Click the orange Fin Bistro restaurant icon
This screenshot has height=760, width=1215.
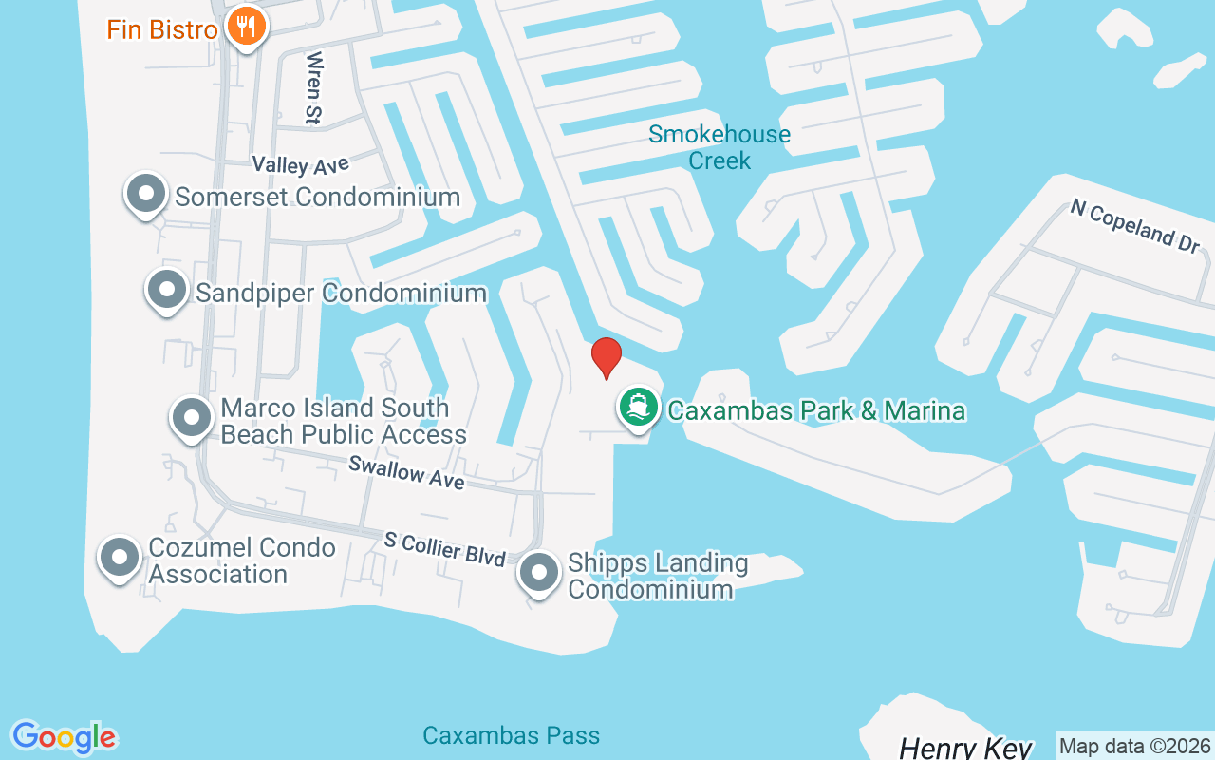click(x=247, y=27)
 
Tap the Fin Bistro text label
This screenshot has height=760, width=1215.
click(x=162, y=29)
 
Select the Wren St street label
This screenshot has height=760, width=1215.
click(x=312, y=87)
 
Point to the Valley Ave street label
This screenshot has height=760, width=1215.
click(x=301, y=165)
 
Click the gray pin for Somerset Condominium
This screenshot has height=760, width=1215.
click(x=146, y=194)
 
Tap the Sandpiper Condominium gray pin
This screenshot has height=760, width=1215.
click(x=167, y=289)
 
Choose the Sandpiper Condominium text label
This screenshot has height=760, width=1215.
click(x=341, y=293)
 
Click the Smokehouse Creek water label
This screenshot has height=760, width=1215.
click(x=720, y=147)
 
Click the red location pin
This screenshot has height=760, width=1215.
click(x=606, y=357)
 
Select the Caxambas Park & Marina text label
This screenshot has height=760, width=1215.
click(x=816, y=410)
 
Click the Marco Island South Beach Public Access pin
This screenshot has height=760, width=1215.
click(x=191, y=417)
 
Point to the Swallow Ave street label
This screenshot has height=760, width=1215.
click(x=406, y=472)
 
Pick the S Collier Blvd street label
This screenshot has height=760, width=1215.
click(x=444, y=549)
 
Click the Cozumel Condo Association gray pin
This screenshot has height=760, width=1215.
click(x=120, y=558)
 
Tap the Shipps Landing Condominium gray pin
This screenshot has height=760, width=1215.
click(x=539, y=573)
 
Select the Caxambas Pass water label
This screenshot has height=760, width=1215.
click(x=511, y=735)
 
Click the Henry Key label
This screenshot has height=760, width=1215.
click(x=964, y=747)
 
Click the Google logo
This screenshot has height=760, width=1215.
click(x=64, y=737)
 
